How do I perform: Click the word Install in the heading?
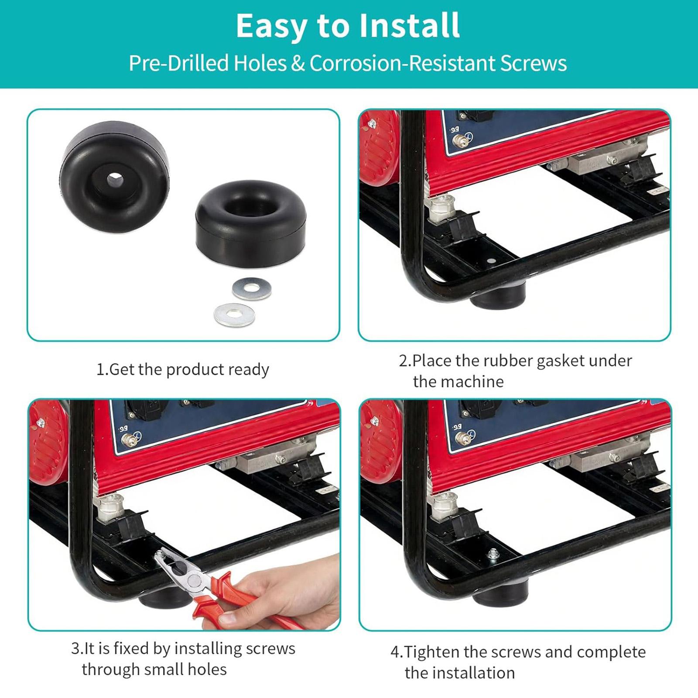click(x=409, y=26)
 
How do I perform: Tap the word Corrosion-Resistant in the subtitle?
click(x=403, y=63)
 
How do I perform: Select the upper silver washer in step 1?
click(x=251, y=288)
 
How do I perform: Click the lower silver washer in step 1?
click(x=234, y=315)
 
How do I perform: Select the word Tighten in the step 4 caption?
click(x=432, y=652)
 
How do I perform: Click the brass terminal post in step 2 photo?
click(x=458, y=140)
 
